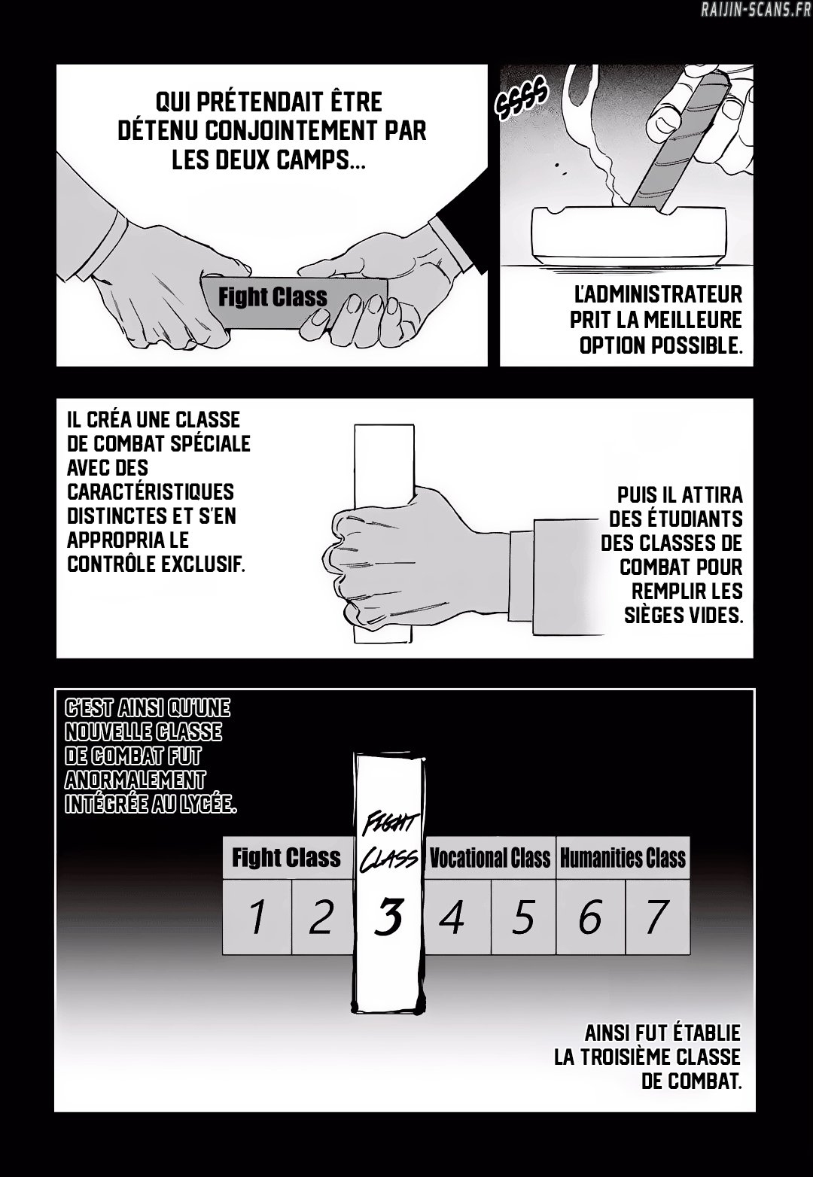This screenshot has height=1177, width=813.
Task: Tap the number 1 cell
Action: [x=257, y=917]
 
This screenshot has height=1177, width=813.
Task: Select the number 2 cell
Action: [x=321, y=917]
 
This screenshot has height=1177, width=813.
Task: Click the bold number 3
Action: [x=388, y=917]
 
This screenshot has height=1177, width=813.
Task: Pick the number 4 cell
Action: [x=458, y=917]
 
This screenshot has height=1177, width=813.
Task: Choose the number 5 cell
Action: [x=523, y=917]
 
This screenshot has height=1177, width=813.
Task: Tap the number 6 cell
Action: [x=591, y=917]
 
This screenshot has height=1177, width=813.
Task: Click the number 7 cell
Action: [x=657, y=917]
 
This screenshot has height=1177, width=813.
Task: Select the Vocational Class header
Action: [x=490, y=857]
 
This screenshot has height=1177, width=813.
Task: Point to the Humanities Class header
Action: [x=623, y=857]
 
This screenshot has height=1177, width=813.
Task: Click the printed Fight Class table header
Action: [x=287, y=857]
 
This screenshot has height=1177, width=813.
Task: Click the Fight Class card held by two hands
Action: [x=294, y=303]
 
